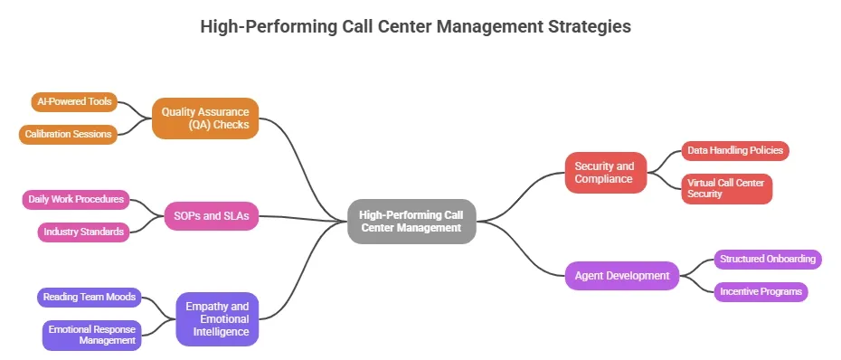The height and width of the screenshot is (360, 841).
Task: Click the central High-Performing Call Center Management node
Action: click(411, 221)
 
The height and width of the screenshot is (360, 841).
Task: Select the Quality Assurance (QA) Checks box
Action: click(205, 118)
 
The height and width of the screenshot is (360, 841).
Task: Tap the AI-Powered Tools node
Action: click(74, 101)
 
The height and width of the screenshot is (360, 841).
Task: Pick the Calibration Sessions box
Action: click(69, 134)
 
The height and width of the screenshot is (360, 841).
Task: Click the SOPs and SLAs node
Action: click(212, 215)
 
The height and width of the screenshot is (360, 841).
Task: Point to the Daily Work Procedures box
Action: click(76, 199)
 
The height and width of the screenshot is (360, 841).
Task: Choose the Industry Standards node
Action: click(82, 232)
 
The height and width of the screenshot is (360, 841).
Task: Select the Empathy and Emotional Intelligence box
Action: click(217, 318)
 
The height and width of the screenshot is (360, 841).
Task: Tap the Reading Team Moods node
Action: click(89, 297)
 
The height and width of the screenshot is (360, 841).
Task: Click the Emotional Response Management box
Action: click(91, 335)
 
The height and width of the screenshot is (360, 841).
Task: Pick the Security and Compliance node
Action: click(606, 172)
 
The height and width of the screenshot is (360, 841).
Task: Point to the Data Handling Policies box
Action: click(734, 150)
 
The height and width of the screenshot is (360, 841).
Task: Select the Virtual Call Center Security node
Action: click(725, 188)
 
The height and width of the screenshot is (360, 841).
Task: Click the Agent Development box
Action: click(621, 276)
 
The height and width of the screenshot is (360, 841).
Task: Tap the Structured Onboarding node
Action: click(767, 259)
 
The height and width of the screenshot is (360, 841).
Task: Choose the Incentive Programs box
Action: click(760, 291)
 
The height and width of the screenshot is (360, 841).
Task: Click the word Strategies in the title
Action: click(588, 26)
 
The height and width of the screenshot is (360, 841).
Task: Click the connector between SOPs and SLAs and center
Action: click(303, 218)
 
